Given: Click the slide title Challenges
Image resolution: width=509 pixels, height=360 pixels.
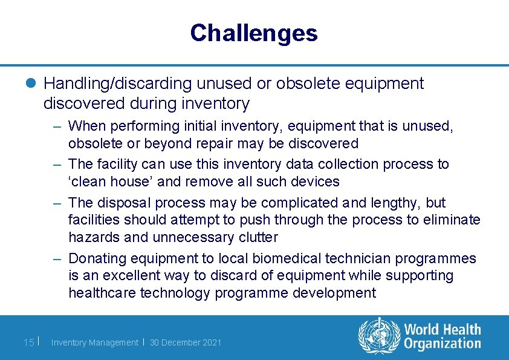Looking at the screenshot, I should (253, 33).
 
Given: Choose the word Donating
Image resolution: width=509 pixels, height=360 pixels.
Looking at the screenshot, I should (99, 259).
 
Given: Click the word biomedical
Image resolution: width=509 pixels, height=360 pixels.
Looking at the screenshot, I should (284, 259).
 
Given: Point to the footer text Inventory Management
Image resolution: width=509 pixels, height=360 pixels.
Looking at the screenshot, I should (94, 342).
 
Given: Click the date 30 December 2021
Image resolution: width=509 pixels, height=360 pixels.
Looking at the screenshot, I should (186, 342).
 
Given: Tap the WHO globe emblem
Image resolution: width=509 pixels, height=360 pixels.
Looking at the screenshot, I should (379, 336).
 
